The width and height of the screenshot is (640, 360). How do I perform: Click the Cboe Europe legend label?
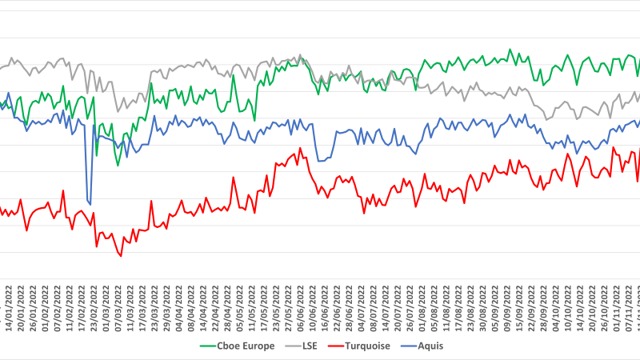pyautogui.click(x=250, y=346)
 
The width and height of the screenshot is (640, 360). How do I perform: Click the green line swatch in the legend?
pyautogui.click(x=210, y=346)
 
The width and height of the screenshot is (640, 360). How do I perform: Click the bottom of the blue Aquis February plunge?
pyautogui.click(x=90, y=204)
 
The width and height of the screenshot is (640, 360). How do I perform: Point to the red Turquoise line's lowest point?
pyautogui.click(x=121, y=256)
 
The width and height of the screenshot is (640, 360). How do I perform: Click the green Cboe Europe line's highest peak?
pyautogui.click(x=510, y=49)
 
